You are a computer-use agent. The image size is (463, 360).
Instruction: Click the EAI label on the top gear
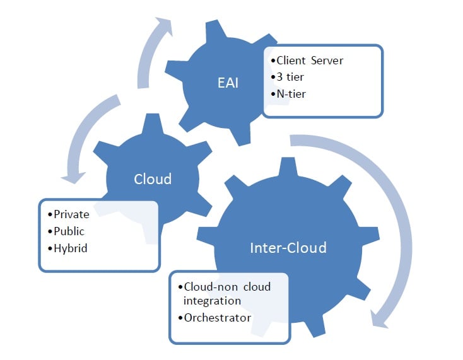pyautogui.click(x=228, y=83)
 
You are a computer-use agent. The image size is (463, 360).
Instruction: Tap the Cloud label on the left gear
pyautogui.click(x=153, y=179)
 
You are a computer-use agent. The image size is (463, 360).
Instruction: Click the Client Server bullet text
pyautogui.click(x=310, y=61)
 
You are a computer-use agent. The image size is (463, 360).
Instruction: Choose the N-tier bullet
pyautogui.click(x=294, y=93)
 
